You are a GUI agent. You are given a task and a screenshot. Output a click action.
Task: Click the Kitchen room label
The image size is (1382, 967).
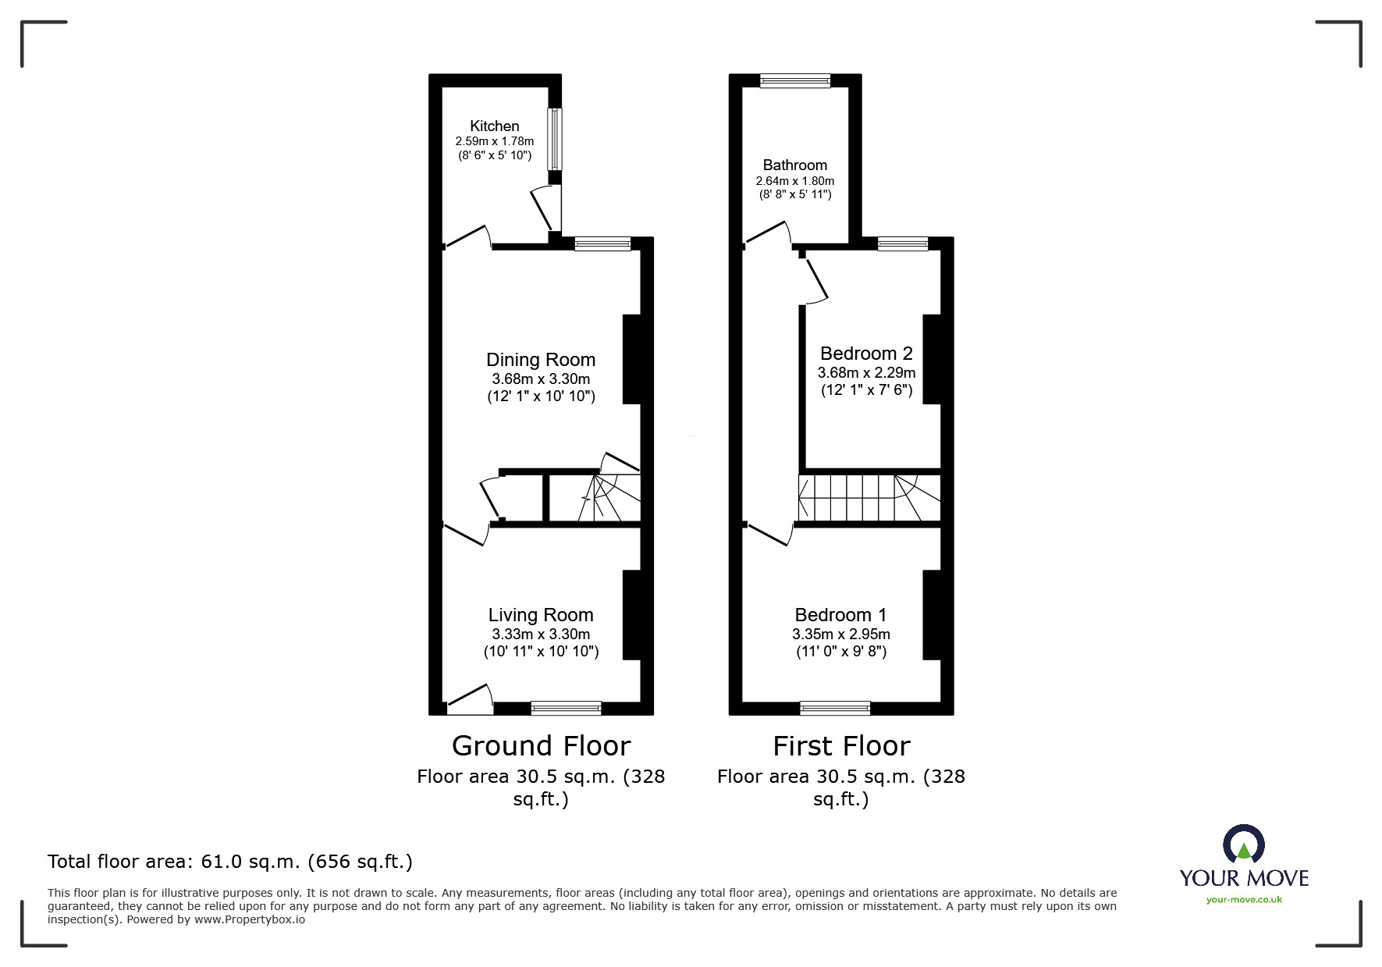tap(494, 126)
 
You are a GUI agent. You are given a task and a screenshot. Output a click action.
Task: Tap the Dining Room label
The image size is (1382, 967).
tap(540, 360)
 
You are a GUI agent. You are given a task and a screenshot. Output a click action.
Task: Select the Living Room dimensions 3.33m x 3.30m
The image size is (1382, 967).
tap(540, 634)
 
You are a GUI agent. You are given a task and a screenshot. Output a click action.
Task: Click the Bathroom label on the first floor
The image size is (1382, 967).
tap(794, 165)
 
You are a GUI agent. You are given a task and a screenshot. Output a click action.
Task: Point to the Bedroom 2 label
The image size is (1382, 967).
tap(866, 354)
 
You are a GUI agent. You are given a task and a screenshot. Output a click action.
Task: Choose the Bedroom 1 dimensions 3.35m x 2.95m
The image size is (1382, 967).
tap(840, 634)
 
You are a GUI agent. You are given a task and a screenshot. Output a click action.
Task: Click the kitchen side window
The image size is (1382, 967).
tap(554, 139)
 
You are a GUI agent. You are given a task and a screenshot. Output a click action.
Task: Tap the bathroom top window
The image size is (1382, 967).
tap(795, 80)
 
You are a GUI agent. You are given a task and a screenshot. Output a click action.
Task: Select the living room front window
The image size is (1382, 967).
tap(566, 708)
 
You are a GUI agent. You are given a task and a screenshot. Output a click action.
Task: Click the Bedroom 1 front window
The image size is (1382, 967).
tap(835, 708)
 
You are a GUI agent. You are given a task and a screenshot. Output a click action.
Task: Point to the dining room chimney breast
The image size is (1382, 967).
tap(632, 359)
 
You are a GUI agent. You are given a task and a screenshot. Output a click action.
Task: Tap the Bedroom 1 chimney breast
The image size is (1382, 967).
tap(932, 615)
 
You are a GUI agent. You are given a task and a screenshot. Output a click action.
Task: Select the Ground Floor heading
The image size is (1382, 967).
tap(541, 746)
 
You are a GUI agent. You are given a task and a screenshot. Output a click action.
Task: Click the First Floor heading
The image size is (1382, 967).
tap(841, 746)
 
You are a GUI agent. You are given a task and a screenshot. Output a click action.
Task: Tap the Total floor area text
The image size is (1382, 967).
tap(230, 862)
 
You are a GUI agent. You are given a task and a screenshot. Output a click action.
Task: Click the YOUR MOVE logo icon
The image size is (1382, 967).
tap(1243, 844)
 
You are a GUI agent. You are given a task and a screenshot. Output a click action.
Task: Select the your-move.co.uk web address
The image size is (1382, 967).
tap(1244, 900)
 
